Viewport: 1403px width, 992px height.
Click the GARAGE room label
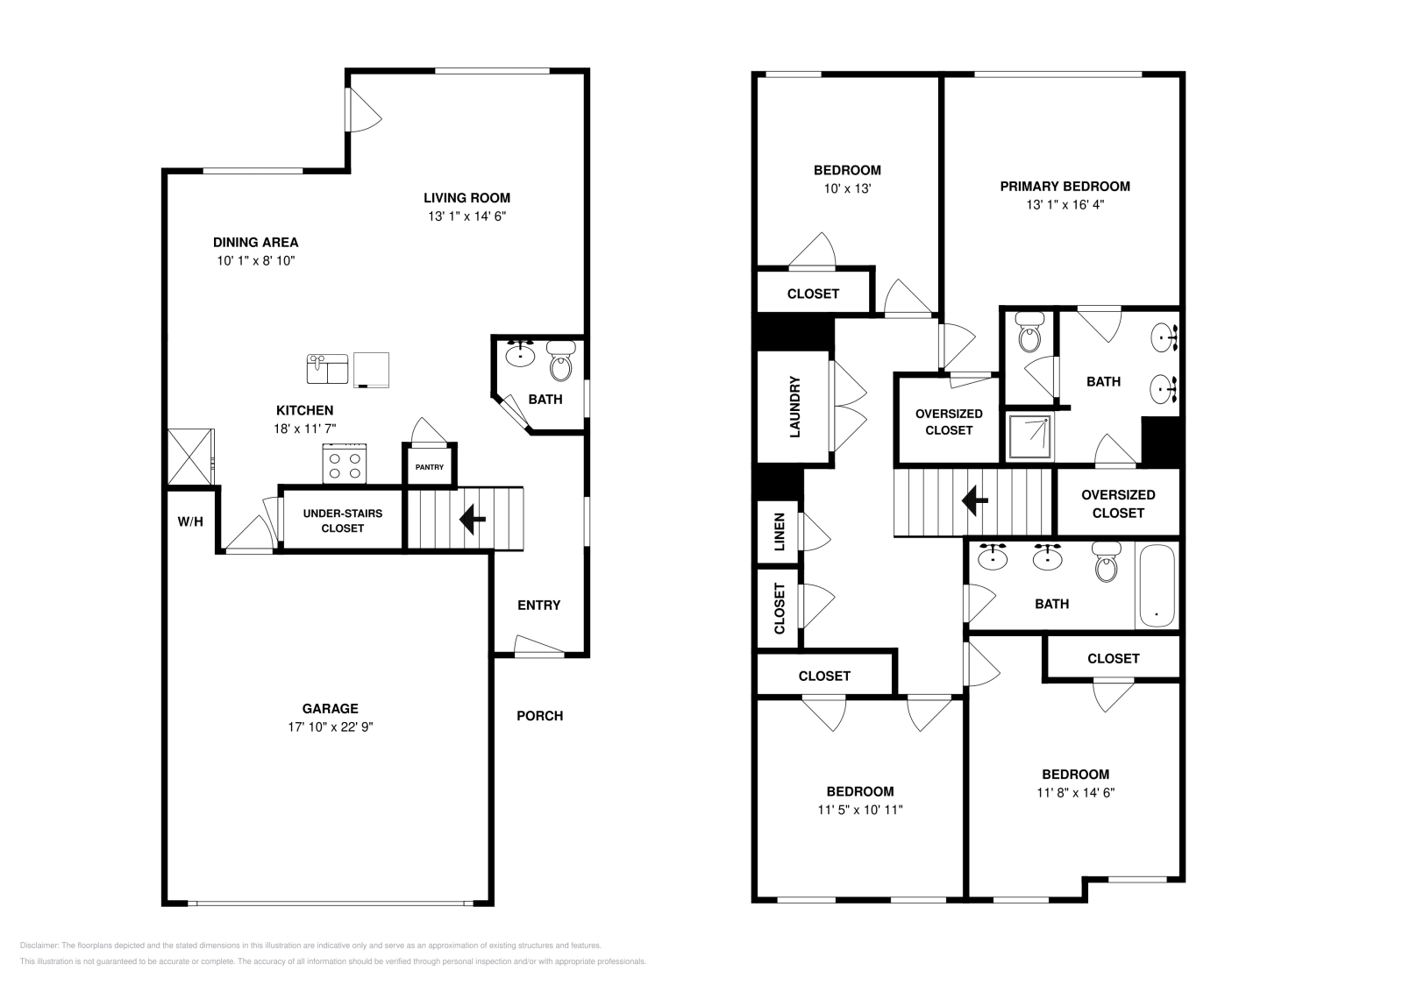[x=330, y=708]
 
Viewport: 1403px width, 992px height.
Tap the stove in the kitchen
[x=345, y=464]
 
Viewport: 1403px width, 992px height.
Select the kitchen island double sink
[x=327, y=368]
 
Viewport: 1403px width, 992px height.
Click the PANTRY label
[x=429, y=467]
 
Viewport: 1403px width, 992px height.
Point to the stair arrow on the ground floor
[x=473, y=519]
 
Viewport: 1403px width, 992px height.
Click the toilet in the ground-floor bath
[x=559, y=360]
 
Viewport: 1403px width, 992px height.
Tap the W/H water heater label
[x=190, y=521]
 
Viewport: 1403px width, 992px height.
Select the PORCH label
[x=539, y=715]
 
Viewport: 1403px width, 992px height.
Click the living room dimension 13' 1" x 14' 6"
[x=466, y=216]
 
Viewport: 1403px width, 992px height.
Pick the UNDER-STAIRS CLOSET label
[x=342, y=521]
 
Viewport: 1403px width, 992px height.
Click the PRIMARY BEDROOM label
[x=1065, y=186]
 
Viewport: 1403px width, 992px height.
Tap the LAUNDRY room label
[x=795, y=407]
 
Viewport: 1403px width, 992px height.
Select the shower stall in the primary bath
[x=1029, y=436]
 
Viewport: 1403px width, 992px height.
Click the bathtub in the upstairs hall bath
[x=1157, y=586]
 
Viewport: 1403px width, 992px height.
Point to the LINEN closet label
[x=780, y=532]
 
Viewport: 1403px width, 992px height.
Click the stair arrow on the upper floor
[x=974, y=500]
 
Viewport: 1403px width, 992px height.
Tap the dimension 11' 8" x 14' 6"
[x=1075, y=792]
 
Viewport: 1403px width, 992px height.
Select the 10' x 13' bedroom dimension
[x=846, y=188]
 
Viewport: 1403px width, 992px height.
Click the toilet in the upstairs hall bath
[x=1107, y=562]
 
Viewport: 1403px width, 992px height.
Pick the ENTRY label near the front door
[x=538, y=605]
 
